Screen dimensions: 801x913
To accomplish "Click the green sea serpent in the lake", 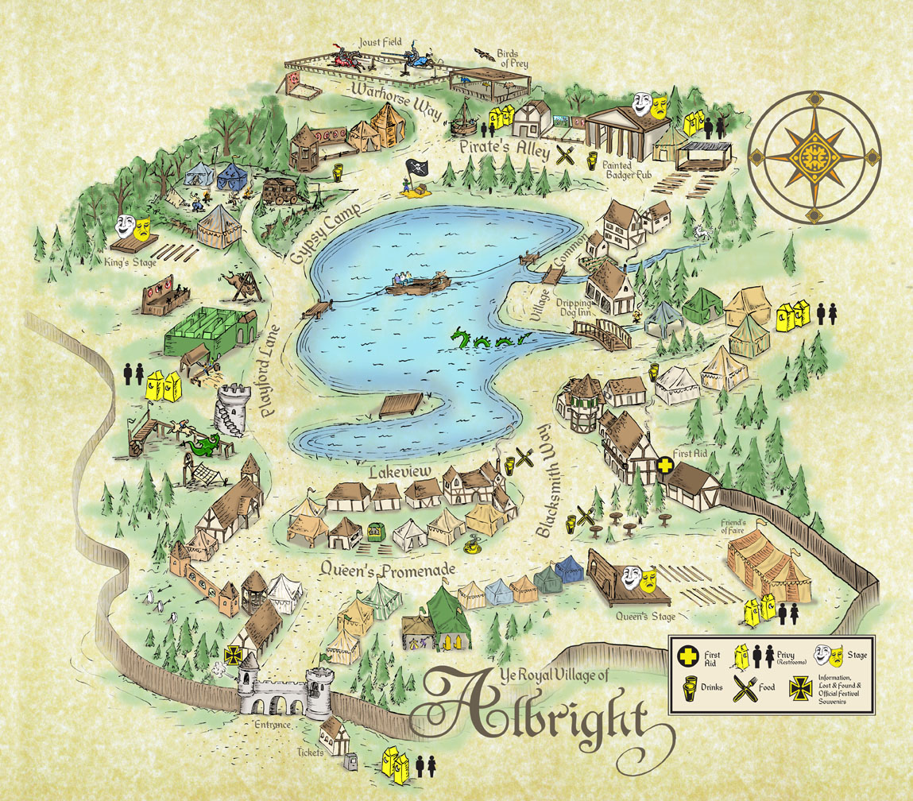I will [x=482, y=341].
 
